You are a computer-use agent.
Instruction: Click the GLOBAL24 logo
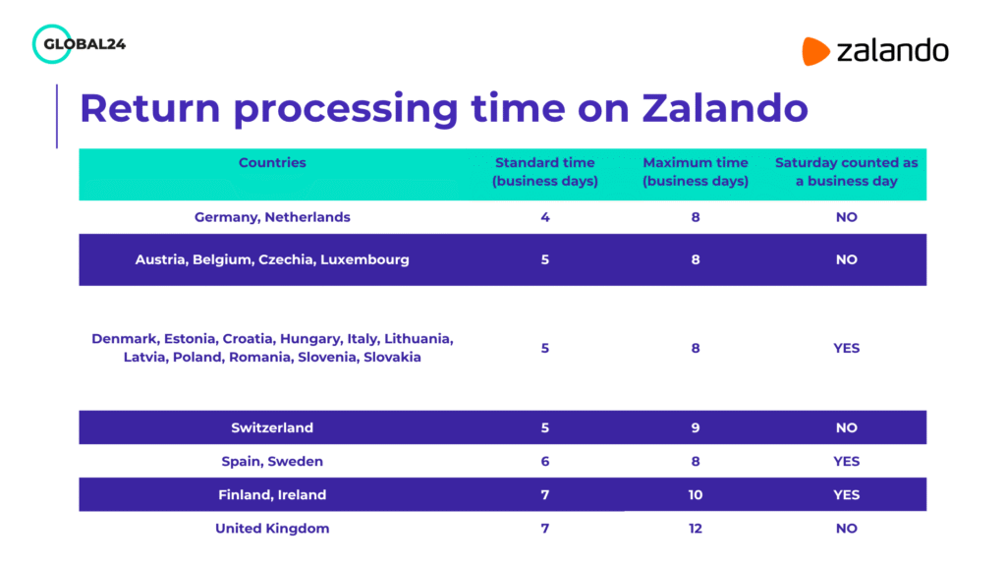tap(79, 44)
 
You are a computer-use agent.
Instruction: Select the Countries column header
tap(272, 163)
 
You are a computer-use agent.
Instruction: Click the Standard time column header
tap(545, 172)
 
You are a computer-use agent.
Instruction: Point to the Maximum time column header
tap(696, 172)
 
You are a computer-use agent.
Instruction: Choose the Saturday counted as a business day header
tap(846, 172)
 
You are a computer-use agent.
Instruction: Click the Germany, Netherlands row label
tap(272, 217)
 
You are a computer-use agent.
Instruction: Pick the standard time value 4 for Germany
tap(545, 217)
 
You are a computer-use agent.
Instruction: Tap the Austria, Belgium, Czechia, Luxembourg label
tap(272, 260)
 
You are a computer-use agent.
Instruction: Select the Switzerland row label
tap(272, 428)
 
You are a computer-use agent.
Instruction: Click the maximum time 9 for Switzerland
tap(696, 428)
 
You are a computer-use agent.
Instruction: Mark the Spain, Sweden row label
tap(272, 462)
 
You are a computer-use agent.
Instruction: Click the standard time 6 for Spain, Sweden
tap(545, 462)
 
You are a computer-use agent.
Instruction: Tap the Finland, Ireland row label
tap(272, 495)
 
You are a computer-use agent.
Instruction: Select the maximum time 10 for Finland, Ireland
tap(696, 495)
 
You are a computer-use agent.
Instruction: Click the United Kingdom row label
tap(272, 529)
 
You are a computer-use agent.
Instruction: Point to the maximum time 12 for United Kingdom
tap(696, 529)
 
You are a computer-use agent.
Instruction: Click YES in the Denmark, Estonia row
tap(846, 348)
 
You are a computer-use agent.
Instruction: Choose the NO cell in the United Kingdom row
tap(846, 529)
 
